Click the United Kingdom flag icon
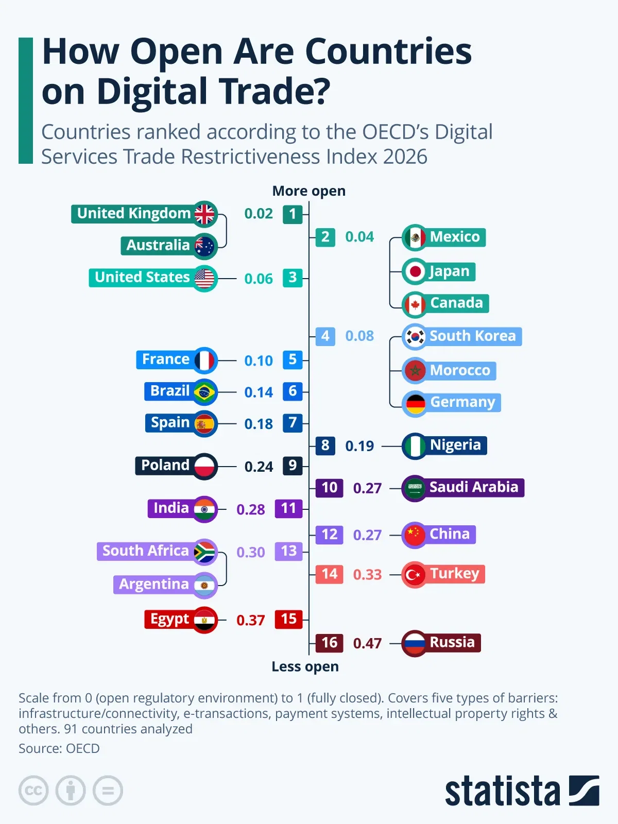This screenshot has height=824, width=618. point(205,214)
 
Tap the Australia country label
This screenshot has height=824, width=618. point(158,246)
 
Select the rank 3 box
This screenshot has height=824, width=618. point(293,278)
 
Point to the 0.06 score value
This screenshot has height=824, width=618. point(259,279)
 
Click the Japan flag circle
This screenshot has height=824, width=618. point(415,271)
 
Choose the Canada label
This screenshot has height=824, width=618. point(456,303)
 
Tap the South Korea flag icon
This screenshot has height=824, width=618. point(415,337)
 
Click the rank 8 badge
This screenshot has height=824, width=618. point(325,445)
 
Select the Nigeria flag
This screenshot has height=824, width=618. point(415,446)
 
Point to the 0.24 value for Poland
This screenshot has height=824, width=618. point(259,467)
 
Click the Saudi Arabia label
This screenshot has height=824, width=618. point(474,487)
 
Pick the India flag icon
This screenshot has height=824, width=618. point(205,509)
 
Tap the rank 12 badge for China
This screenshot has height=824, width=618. point(330,535)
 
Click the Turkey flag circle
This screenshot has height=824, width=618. point(415,574)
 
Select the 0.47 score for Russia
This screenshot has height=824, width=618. point(367,643)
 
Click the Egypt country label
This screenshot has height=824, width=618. point(169,619)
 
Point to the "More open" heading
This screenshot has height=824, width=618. point(309,191)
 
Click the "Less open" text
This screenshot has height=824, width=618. point(305,667)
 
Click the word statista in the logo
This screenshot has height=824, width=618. point(502,791)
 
